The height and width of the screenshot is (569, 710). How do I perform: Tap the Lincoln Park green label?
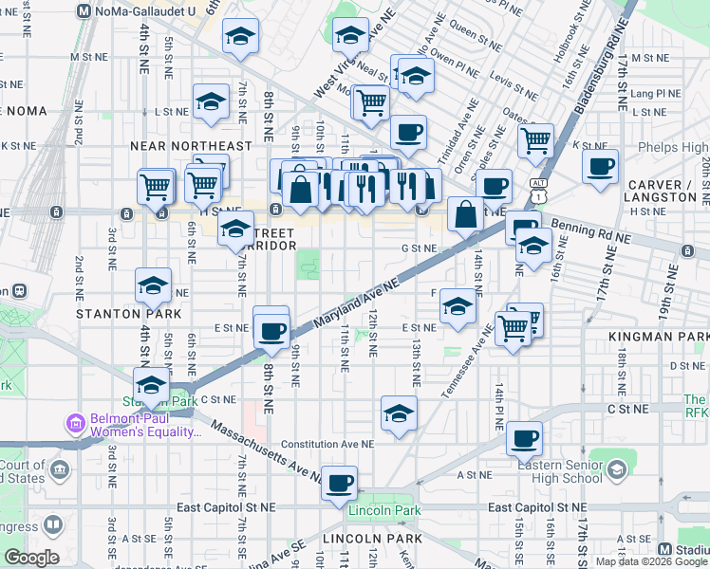point(383,511)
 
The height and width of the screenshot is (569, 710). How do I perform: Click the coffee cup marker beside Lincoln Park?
point(339,483)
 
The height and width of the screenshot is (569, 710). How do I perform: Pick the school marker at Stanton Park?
point(150,385)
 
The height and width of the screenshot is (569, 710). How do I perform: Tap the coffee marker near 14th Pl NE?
point(524,438)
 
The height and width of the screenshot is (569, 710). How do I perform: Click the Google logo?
point(31,558)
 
